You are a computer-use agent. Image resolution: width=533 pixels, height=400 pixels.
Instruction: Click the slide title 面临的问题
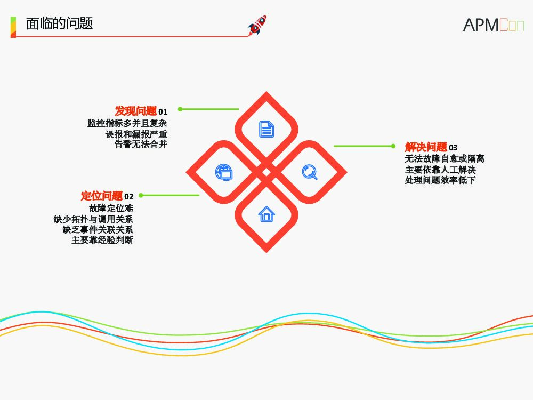click(59, 23)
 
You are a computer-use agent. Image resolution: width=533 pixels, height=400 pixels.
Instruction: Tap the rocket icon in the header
click(257, 25)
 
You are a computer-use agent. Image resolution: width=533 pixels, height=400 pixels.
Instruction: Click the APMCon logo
click(493, 25)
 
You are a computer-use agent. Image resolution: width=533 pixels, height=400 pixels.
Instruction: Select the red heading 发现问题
click(136, 111)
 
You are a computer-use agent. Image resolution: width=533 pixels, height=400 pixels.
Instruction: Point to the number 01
click(163, 112)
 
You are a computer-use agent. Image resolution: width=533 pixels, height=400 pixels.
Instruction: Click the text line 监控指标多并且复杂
click(127, 123)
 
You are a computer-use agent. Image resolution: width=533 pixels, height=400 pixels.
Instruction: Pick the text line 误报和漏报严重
click(136, 134)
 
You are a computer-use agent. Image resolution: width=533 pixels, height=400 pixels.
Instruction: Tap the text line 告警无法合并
click(141, 144)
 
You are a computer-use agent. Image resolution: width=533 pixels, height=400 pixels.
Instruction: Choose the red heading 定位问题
click(102, 196)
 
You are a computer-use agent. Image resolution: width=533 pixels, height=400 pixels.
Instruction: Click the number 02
click(129, 197)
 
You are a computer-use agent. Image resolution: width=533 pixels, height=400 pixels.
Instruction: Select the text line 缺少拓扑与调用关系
click(93, 219)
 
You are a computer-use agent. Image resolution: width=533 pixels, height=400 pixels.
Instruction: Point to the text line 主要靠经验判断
click(102, 240)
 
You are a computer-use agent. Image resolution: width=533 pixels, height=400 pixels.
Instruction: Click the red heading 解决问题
click(426, 147)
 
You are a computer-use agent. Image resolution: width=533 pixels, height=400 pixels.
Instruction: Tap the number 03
click(453, 148)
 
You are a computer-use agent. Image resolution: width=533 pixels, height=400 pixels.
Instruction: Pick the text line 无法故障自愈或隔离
click(445, 159)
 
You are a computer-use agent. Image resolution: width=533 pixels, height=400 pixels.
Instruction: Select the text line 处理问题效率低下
click(440, 180)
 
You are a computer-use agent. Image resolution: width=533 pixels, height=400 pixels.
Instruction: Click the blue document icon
click(266, 129)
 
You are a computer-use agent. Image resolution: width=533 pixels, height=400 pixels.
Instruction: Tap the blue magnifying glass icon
click(310, 172)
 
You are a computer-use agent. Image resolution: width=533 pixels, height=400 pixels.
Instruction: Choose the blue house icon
click(266, 214)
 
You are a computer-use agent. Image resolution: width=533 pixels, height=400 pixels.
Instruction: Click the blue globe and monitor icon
click(223, 172)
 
